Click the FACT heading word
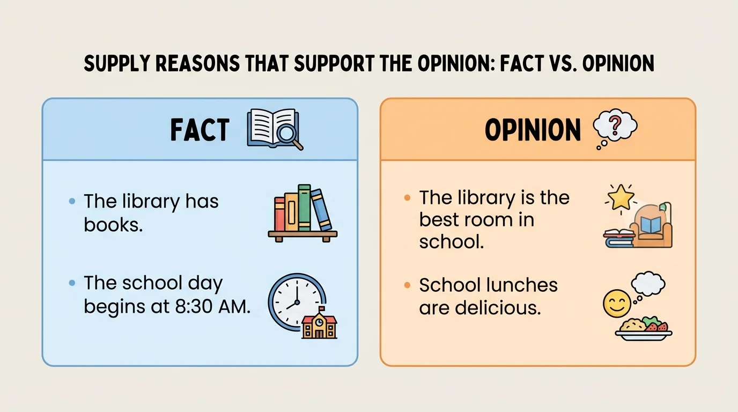click(x=200, y=130)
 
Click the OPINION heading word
click(x=533, y=130)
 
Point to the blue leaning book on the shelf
click(x=321, y=210)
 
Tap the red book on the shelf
click(x=279, y=214)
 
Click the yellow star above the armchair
click(x=622, y=197)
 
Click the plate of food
click(x=643, y=328)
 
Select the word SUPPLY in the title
click(x=115, y=64)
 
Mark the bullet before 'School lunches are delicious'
click(x=407, y=285)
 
